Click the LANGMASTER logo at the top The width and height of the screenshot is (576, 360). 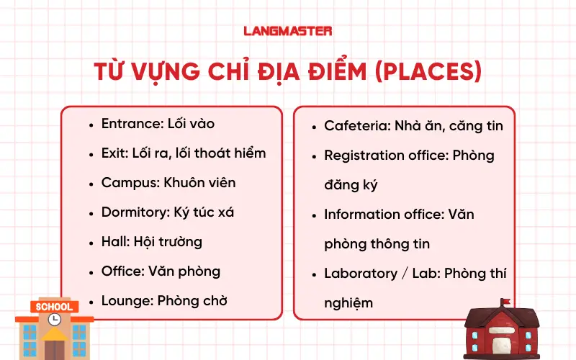[288, 31]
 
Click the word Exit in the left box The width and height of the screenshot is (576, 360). [113, 153]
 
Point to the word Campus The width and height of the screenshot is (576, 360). [125, 183]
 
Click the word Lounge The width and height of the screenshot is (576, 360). [125, 301]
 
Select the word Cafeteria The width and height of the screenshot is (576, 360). [356, 125]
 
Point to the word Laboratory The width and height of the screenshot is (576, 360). [360, 274]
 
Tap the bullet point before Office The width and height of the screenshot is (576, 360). [91, 272]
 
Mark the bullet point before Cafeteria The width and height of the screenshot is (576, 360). [314, 126]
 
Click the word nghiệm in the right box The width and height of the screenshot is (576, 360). [348, 303]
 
